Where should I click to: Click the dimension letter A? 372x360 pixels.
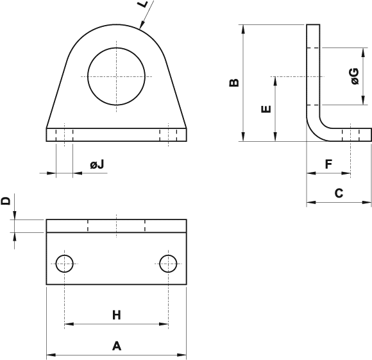click(x=117, y=346)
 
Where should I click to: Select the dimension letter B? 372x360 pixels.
click(x=234, y=82)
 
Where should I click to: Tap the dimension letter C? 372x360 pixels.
click(x=339, y=193)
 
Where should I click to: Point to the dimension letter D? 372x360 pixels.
click(x=6, y=201)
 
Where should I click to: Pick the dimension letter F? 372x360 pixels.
click(x=328, y=164)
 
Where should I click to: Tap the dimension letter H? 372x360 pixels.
click(x=117, y=314)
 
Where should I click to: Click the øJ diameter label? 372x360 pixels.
click(x=97, y=165)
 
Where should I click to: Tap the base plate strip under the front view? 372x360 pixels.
click(x=116, y=134)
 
